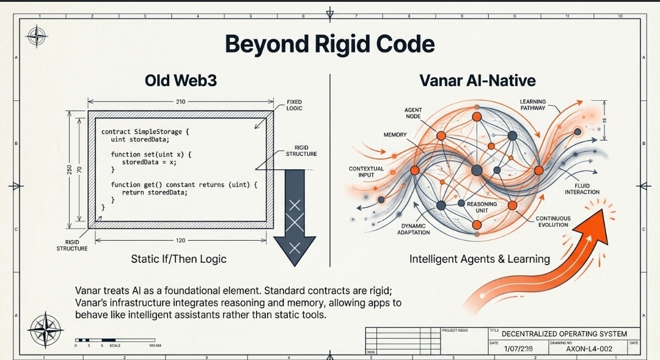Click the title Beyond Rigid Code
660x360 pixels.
click(x=329, y=45)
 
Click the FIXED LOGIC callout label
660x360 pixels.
click(x=294, y=105)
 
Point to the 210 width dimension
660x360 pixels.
click(x=180, y=101)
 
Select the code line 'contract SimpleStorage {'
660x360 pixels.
click(x=146, y=131)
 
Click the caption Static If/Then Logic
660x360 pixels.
click(x=178, y=259)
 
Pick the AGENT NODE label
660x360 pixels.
click(x=413, y=113)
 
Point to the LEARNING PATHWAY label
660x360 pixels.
click(x=533, y=105)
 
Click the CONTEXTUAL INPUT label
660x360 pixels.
click(x=366, y=172)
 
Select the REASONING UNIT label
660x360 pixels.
click(x=482, y=207)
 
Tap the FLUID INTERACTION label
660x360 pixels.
click(x=582, y=189)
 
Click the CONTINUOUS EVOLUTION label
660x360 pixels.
click(x=553, y=221)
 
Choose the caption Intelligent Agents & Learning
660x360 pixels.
click(x=480, y=259)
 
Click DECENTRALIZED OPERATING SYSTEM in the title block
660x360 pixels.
click(x=564, y=334)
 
